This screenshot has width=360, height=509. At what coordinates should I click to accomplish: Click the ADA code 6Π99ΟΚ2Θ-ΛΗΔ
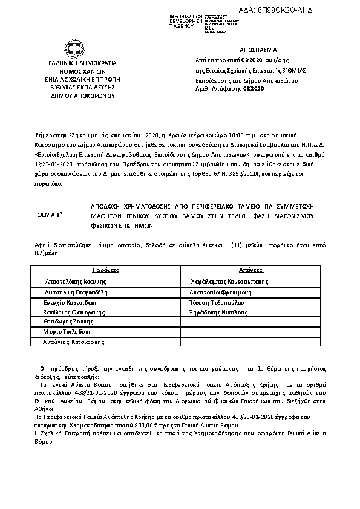click(x=297, y=12)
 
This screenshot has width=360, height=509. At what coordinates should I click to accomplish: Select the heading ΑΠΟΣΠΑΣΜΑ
click(x=258, y=50)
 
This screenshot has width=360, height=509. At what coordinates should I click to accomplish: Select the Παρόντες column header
click(x=105, y=270)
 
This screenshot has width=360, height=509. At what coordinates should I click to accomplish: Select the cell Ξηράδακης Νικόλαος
click(x=218, y=312)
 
